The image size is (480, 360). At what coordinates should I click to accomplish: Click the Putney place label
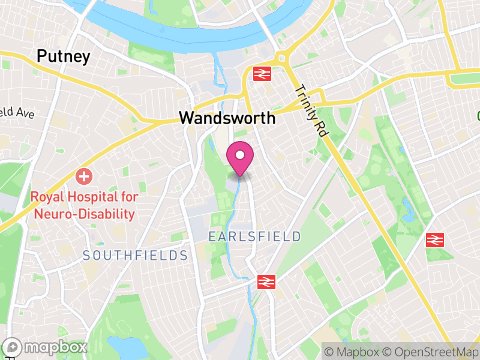(63, 57)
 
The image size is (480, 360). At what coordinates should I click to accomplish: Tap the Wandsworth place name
(227, 118)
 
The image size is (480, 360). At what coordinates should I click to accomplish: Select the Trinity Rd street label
(311, 109)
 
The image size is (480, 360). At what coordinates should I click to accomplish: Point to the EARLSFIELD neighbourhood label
(254, 236)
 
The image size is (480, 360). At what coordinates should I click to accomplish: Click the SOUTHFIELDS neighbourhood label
(135, 256)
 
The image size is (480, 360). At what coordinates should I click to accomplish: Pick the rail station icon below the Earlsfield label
(266, 281)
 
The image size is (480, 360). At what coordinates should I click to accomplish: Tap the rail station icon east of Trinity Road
(434, 239)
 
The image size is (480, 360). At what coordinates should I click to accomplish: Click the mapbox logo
(45, 347)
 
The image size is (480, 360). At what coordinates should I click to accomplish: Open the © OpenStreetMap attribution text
(431, 350)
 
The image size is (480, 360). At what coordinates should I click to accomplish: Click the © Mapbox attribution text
(353, 350)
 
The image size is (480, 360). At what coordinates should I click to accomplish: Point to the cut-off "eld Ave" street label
(18, 113)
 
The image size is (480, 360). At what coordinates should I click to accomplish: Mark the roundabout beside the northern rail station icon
(280, 59)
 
